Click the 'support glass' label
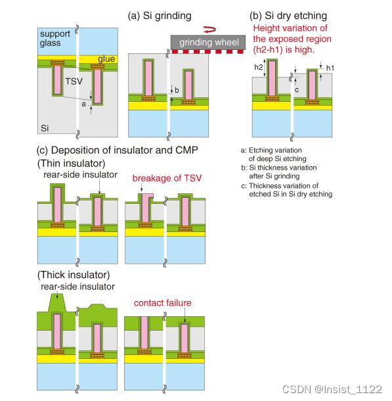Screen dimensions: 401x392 [x=56, y=38]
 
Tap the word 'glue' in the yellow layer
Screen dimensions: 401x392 [x=107, y=59]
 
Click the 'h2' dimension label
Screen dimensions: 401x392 [x=257, y=67]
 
